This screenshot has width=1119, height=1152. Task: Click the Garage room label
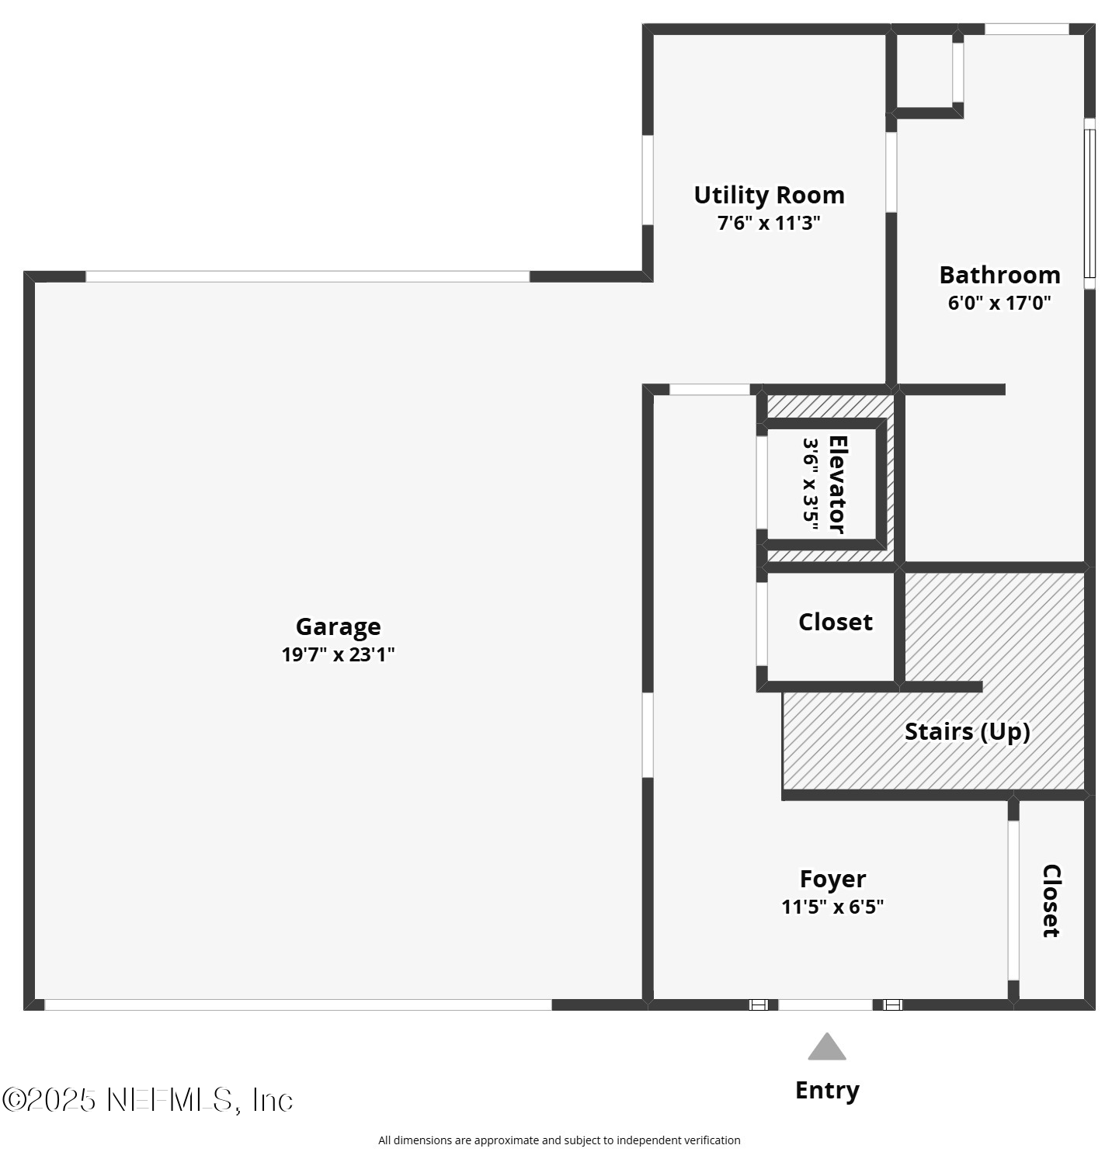point(338,626)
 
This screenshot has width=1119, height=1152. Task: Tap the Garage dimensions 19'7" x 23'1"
point(338,654)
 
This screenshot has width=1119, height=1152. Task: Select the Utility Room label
point(769,195)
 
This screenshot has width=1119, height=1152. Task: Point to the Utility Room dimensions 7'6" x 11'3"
point(769,224)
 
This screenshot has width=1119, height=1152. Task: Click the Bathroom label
point(999,275)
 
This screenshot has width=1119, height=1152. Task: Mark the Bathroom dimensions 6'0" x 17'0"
point(999,303)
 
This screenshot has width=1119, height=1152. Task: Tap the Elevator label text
point(837,484)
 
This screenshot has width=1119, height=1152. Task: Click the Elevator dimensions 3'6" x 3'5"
point(811,484)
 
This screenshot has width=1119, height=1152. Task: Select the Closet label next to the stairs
point(835,622)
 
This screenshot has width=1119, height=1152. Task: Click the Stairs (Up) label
point(967,731)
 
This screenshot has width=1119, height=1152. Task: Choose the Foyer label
point(832,879)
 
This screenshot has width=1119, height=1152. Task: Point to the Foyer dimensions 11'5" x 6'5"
point(832,907)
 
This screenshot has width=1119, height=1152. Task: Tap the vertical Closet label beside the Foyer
point(1051,900)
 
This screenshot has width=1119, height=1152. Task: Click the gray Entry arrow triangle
point(826,1048)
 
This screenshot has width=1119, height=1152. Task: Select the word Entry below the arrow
point(827,1090)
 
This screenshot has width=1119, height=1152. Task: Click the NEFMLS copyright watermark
point(148,1099)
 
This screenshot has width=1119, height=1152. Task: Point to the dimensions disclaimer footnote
point(559,1140)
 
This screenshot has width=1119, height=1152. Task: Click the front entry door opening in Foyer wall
point(825,1005)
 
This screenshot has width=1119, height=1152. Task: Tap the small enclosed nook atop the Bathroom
point(924,71)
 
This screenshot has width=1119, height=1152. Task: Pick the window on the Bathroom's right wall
point(1089,203)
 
